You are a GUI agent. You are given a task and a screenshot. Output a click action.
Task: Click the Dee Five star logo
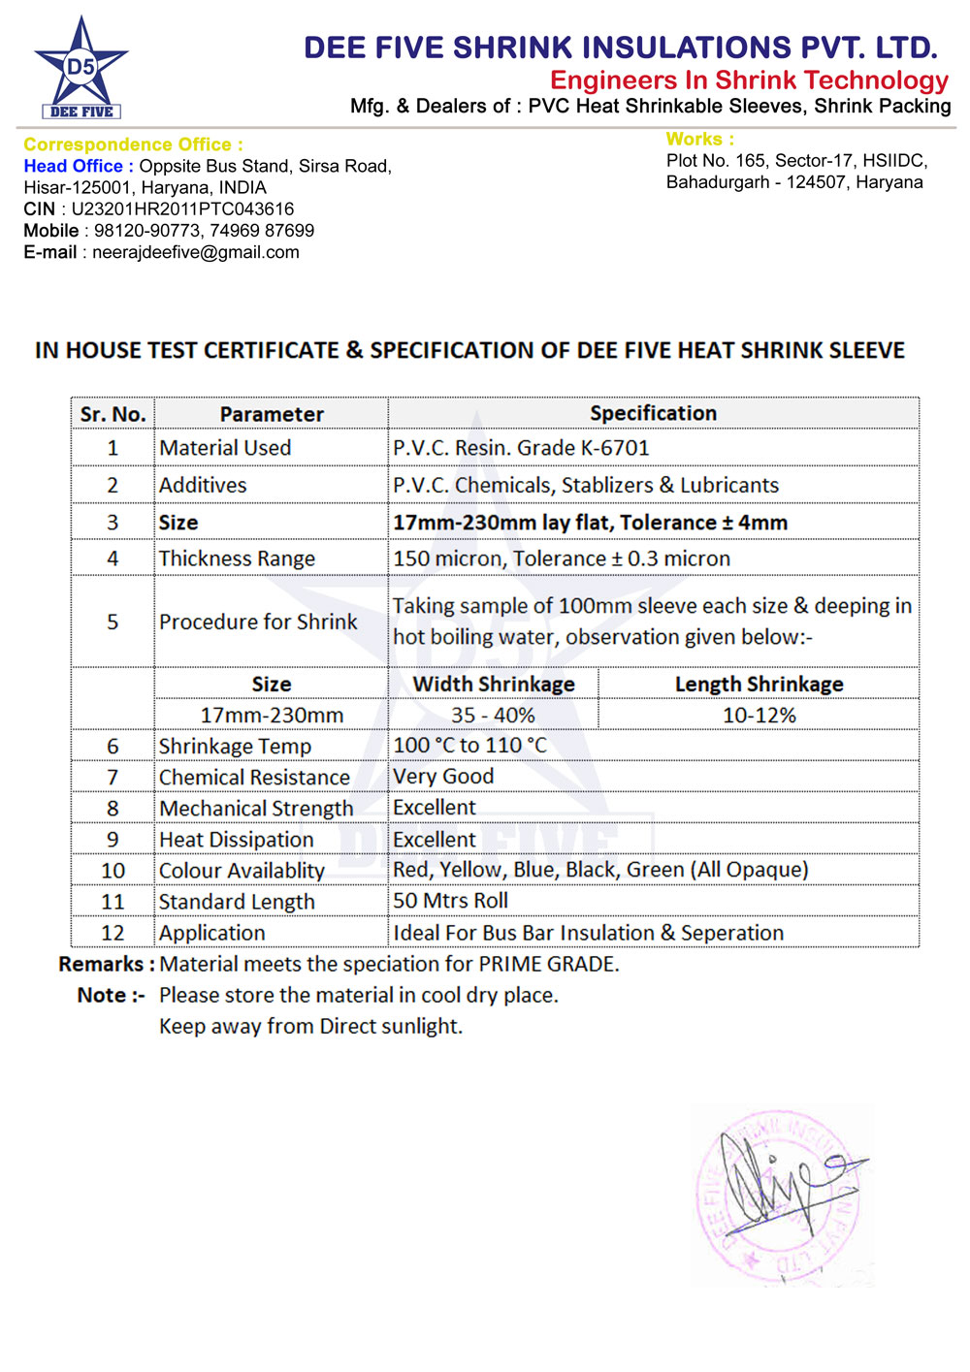click(81, 66)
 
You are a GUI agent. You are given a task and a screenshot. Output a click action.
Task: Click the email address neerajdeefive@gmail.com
click(195, 252)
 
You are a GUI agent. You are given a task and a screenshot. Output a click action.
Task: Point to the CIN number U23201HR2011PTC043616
click(182, 209)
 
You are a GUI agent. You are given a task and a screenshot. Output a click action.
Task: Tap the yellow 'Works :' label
click(699, 140)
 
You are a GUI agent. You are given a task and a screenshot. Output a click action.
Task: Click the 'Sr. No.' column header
click(113, 414)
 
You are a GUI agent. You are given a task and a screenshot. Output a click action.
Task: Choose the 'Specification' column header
click(653, 413)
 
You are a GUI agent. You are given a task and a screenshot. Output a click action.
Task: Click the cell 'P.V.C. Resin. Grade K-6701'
click(521, 448)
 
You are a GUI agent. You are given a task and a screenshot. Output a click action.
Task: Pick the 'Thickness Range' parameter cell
click(237, 558)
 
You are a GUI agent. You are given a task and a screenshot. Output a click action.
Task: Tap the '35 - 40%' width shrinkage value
click(493, 716)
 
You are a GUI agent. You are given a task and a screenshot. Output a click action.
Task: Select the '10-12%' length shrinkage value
click(759, 716)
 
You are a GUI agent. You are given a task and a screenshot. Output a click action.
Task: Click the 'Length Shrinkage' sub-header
click(759, 685)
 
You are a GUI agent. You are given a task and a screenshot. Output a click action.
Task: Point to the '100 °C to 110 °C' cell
click(469, 746)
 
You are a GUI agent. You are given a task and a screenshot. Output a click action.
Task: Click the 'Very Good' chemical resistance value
click(443, 777)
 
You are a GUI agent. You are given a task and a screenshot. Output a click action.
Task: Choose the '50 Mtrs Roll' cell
click(450, 901)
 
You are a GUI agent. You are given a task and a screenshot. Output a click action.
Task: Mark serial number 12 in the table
click(113, 933)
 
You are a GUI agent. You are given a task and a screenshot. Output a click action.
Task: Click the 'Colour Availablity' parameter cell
click(242, 871)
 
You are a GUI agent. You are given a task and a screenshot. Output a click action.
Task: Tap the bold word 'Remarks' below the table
click(101, 964)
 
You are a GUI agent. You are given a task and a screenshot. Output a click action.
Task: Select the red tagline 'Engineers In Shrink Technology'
click(749, 80)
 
